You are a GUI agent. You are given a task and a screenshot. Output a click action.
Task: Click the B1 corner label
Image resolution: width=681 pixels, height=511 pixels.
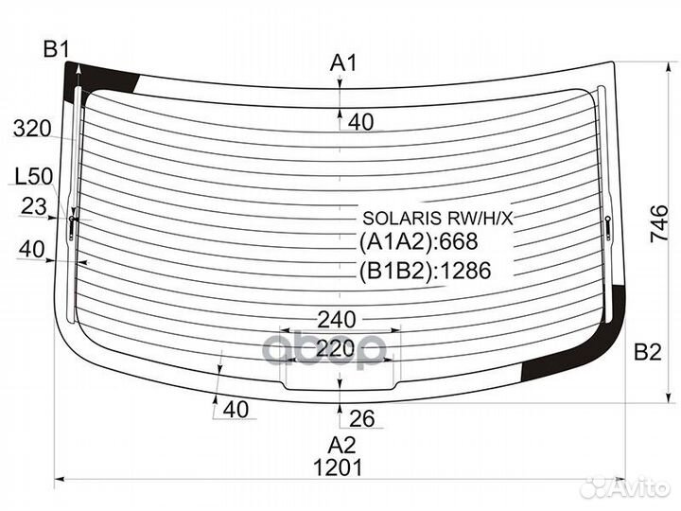[56, 49]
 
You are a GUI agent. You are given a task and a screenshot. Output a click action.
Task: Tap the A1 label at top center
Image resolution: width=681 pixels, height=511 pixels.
[343, 62]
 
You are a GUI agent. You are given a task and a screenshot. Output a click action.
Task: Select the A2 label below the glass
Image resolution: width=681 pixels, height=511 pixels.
[341, 445]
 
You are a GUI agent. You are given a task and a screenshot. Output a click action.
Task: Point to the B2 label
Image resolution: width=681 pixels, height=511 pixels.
[648, 351]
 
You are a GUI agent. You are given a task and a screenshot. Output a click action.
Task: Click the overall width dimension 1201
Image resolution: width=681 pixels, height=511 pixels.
[338, 467]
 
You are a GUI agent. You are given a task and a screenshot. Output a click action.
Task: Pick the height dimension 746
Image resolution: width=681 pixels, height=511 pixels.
[659, 223]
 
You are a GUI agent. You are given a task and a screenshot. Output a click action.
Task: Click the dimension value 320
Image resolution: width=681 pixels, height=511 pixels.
[32, 129]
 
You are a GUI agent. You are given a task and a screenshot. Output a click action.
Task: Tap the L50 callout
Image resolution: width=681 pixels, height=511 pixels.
[33, 176]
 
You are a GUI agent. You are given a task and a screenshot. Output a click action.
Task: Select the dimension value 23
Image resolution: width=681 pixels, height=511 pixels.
[33, 206]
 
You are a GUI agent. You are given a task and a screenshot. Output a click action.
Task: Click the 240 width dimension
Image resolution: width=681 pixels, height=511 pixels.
[337, 320]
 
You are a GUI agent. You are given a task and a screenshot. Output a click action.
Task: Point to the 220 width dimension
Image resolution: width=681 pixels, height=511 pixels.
[336, 348]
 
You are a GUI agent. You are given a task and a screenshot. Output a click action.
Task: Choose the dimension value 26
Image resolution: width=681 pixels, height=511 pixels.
[361, 418]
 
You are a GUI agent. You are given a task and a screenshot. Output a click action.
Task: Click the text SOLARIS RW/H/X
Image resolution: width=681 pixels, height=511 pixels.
[438, 219]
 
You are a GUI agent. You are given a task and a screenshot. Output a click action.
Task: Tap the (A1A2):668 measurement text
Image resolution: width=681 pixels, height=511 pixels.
[419, 241]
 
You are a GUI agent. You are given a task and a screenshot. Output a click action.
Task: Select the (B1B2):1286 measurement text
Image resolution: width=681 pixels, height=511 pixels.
[426, 271]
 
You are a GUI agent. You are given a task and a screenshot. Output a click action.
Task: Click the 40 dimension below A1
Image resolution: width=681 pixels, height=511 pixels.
[361, 122]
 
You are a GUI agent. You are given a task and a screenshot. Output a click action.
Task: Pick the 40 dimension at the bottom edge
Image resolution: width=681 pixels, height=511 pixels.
[236, 410]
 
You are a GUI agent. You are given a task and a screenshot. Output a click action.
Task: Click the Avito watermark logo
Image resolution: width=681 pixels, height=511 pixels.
[626, 487]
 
